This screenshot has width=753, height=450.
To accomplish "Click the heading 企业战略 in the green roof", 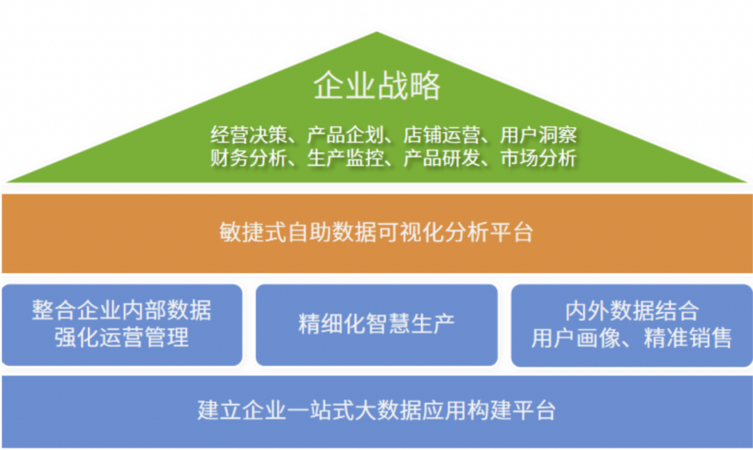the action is (x=377, y=85).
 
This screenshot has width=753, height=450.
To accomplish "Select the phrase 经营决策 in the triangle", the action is (x=249, y=135).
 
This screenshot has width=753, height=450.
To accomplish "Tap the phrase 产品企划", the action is (x=345, y=135).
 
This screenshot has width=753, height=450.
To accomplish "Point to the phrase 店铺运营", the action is (x=442, y=135).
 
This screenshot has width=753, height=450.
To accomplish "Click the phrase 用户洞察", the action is (x=538, y=135).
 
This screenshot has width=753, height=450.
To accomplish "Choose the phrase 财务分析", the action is (x=249, y=158).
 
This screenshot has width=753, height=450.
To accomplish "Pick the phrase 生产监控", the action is (x=345, y=158).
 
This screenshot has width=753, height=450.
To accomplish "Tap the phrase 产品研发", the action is (x=442, y=158).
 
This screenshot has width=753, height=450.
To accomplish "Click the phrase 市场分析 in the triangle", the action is (x=538, y=158).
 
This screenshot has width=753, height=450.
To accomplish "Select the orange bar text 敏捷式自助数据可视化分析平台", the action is (x=376, y=232).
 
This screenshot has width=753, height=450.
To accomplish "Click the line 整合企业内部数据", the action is (x=121, y=310).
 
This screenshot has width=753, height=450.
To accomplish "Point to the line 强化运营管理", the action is (x=121, y=337).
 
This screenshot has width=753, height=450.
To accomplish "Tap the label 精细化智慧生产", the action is (x=376, y=324).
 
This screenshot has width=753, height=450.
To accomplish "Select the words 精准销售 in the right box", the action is (x=687, y=338).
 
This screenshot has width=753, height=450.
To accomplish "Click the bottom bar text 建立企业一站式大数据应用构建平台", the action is (x=376, y=410).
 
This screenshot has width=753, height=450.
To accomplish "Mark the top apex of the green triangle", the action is (x=376, y=31).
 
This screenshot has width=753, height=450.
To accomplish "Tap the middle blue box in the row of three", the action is (x=376, y=325).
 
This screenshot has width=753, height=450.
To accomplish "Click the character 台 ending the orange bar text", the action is (x=523, y=232).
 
